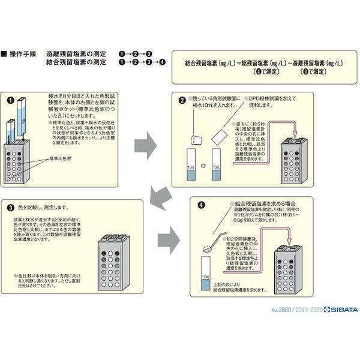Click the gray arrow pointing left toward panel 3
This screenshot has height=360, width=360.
click(161, 196)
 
